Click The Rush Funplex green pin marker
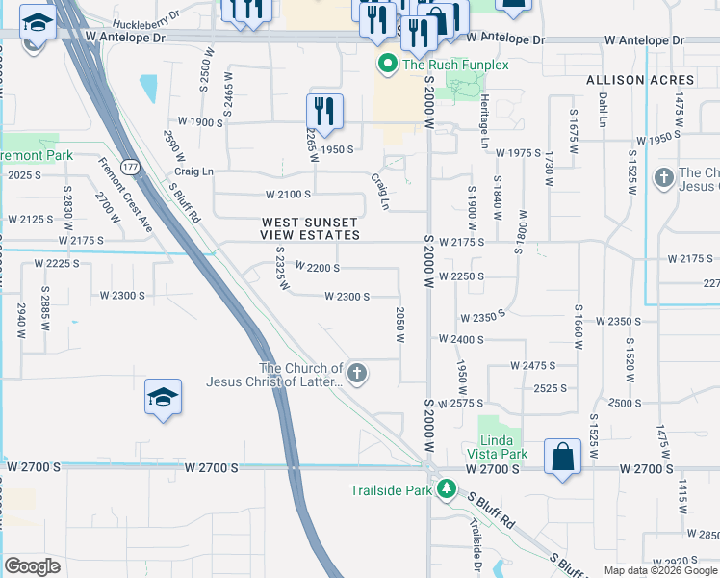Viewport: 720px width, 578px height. coord(387,65)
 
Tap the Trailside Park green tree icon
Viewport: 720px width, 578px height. coord(446,490)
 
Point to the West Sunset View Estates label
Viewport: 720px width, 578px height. coord(311,228)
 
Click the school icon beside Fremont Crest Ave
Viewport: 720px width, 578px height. coord(162,397)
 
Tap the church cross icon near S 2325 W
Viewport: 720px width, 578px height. coord(357,374)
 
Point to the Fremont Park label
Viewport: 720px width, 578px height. coord(37,155)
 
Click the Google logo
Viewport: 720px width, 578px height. coord(32,565)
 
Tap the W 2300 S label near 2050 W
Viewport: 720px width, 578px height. coord(347,297)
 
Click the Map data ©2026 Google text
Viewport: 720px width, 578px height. coord(659,570)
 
